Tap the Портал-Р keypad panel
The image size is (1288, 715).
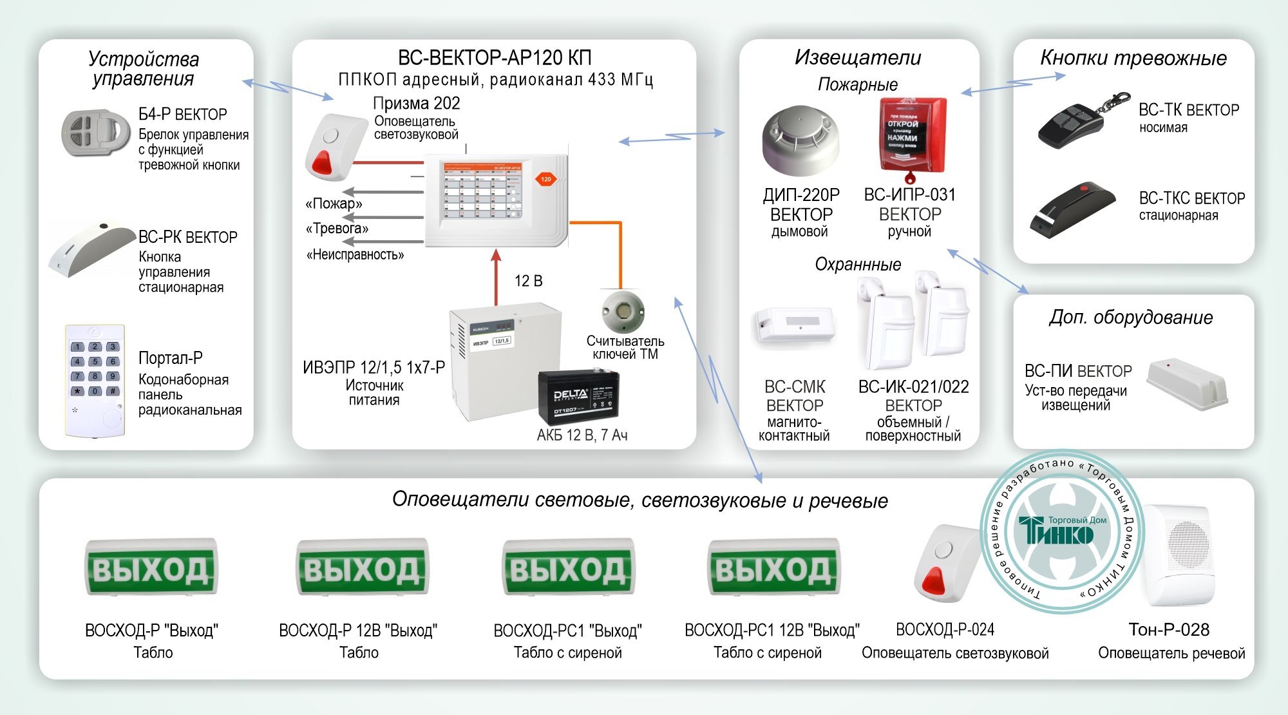click(95, 380)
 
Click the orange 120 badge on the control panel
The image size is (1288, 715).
click(545, 179)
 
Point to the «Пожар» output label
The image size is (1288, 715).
click(334, 204)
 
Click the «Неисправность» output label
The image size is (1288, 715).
click(355, 255)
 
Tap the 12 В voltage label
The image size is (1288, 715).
click(528, 281)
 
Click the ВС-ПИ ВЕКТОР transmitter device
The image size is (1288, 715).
click(1186, 385)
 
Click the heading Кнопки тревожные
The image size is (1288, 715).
click(1133, 58)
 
